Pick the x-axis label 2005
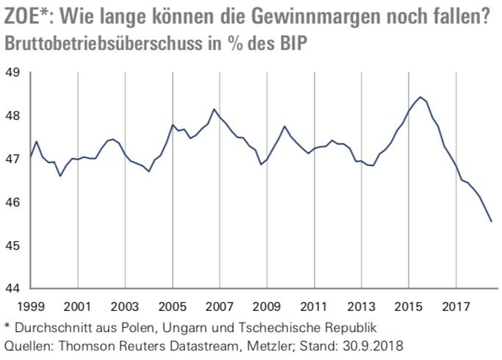(x=173, y=304)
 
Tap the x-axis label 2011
(x=315, y=304)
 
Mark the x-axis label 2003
(x=125, y=304)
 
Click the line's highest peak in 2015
(x=420, y=97)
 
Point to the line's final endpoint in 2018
(x=491, y=221)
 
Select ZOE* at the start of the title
(x=28, y=16)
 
